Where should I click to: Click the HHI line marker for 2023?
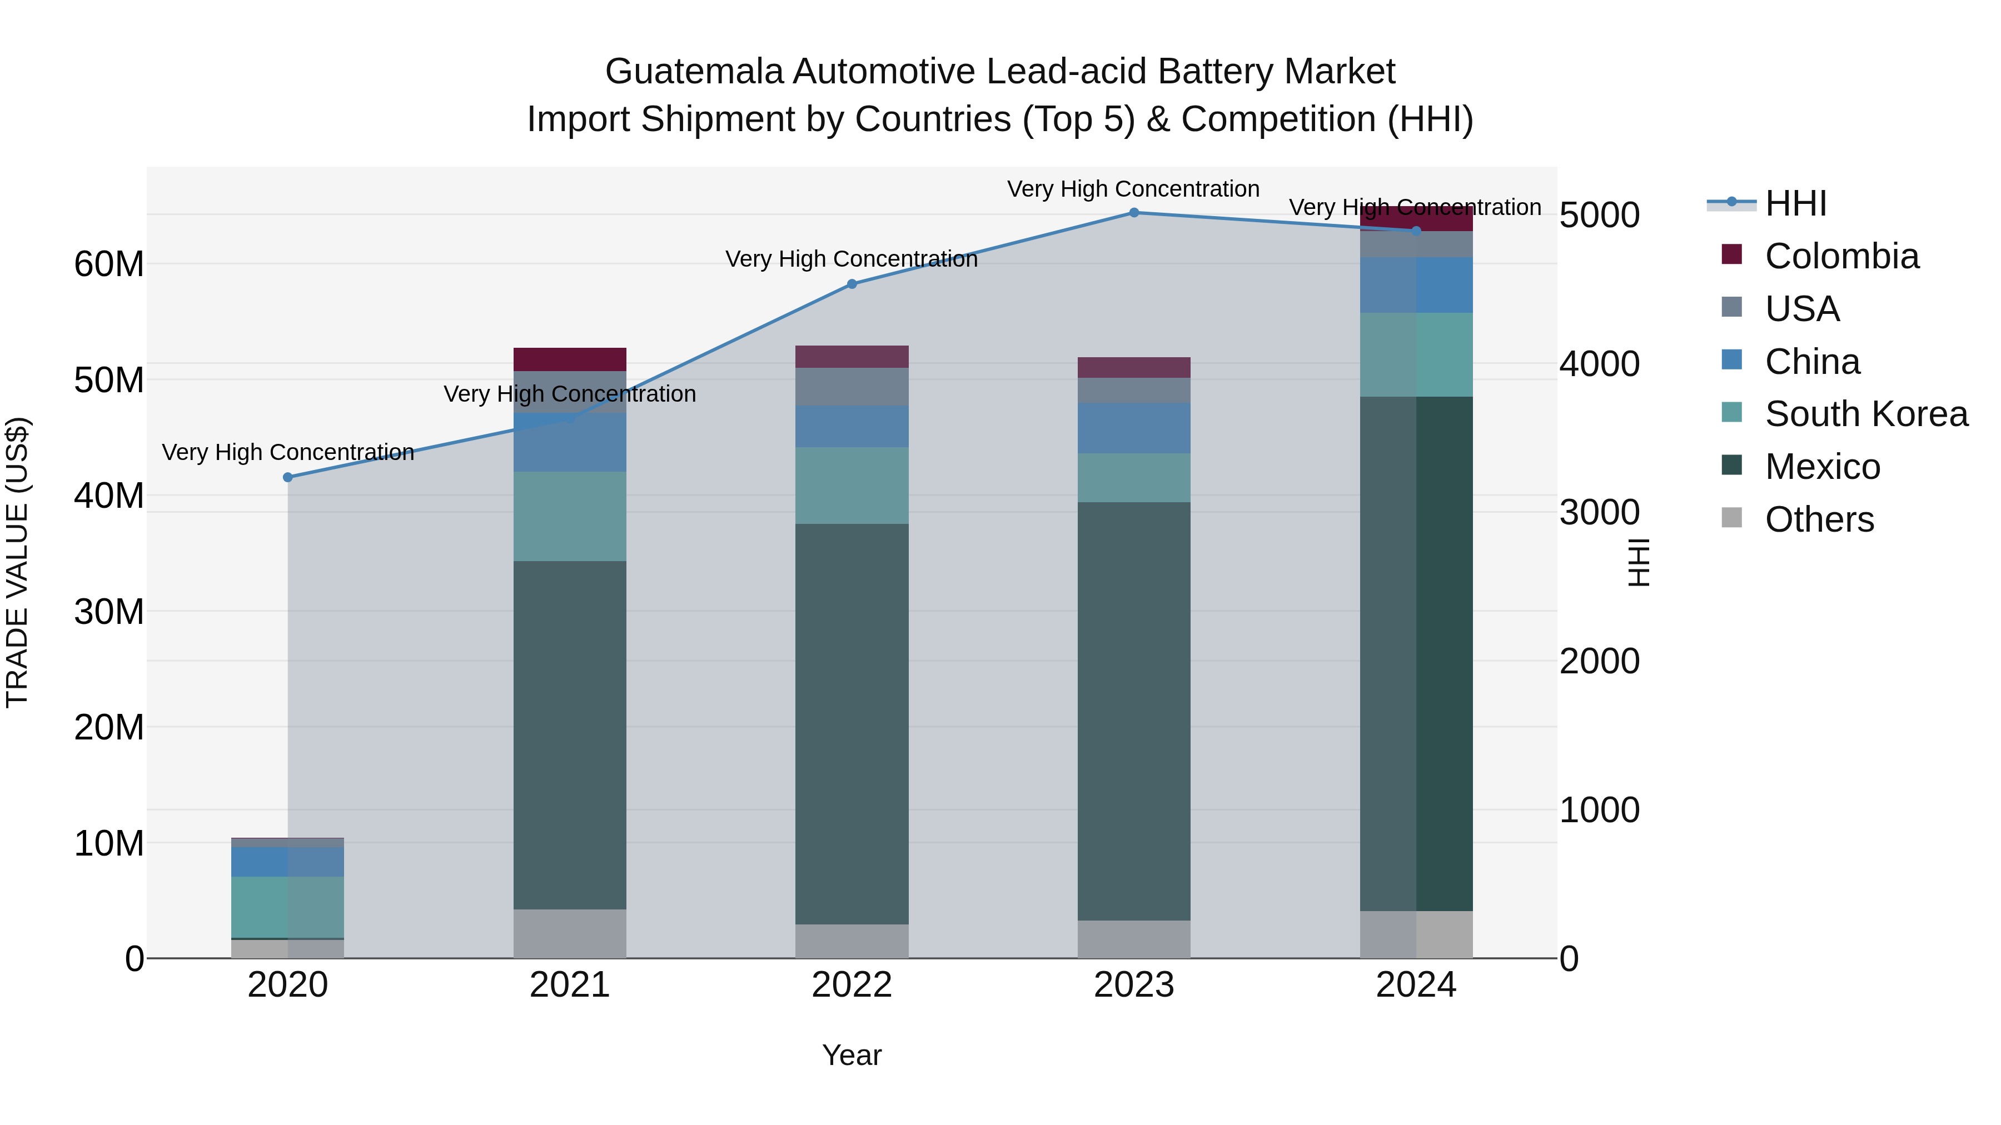(1133, 213)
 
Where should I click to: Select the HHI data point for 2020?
(287, 477)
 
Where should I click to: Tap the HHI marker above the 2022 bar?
(852, 284)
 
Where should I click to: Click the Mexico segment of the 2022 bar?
(852, 722)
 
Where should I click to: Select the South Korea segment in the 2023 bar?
(1133, 477)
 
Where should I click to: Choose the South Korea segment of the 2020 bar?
(287, 906)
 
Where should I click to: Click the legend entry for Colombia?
(1841, 256)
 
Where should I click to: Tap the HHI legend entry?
(1795, 203)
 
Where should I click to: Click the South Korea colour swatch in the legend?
(1731, 412)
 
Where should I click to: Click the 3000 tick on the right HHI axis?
(1599, 512)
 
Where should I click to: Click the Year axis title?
(852, 1055)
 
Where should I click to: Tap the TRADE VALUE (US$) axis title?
(17, 562)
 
